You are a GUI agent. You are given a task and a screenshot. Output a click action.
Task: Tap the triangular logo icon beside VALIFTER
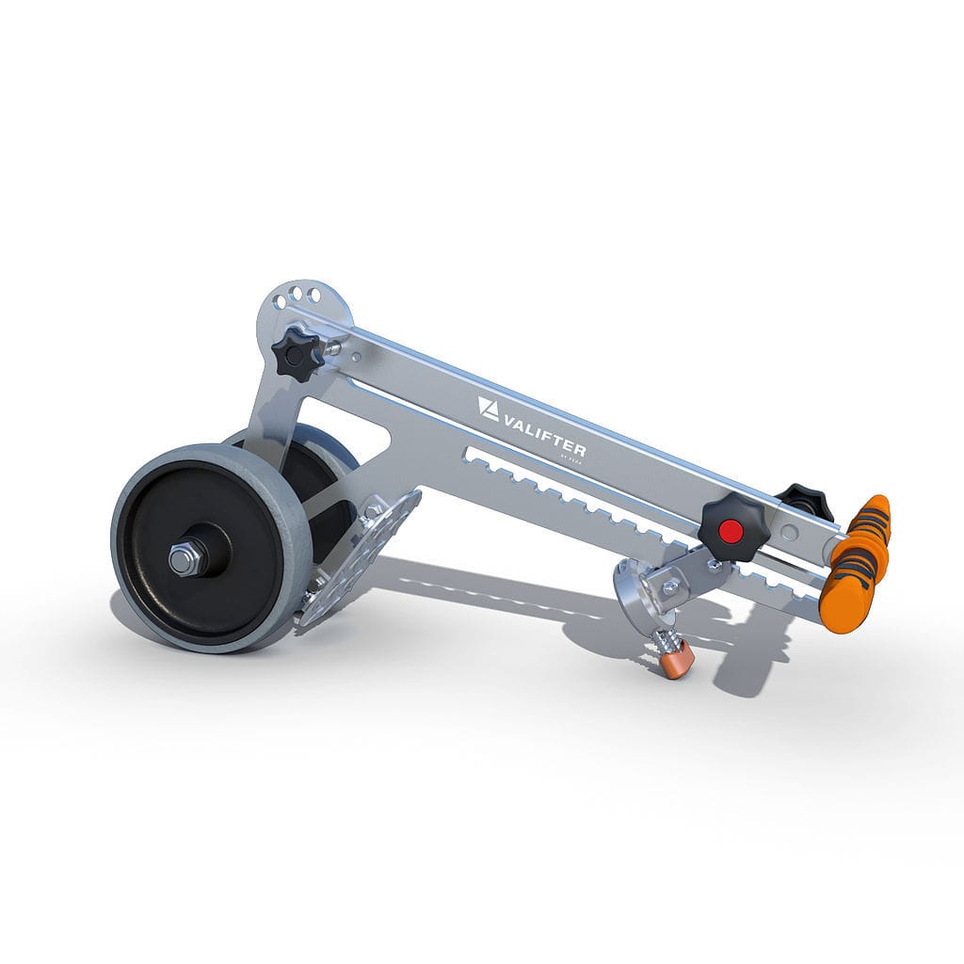pos(488,408)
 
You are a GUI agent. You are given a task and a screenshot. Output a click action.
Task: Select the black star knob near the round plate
pos(297,353)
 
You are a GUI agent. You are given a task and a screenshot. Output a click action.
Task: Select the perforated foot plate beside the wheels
pos(359,556)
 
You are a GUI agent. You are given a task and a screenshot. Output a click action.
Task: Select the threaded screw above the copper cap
pos(665,639)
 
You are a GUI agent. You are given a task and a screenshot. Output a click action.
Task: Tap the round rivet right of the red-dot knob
pos(790,533)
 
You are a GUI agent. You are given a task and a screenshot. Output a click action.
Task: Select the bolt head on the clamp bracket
pos(671,587)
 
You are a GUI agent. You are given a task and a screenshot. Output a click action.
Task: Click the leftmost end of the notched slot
pos(469,456)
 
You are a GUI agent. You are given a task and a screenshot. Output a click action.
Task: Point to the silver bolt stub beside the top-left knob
pos(331,348)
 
